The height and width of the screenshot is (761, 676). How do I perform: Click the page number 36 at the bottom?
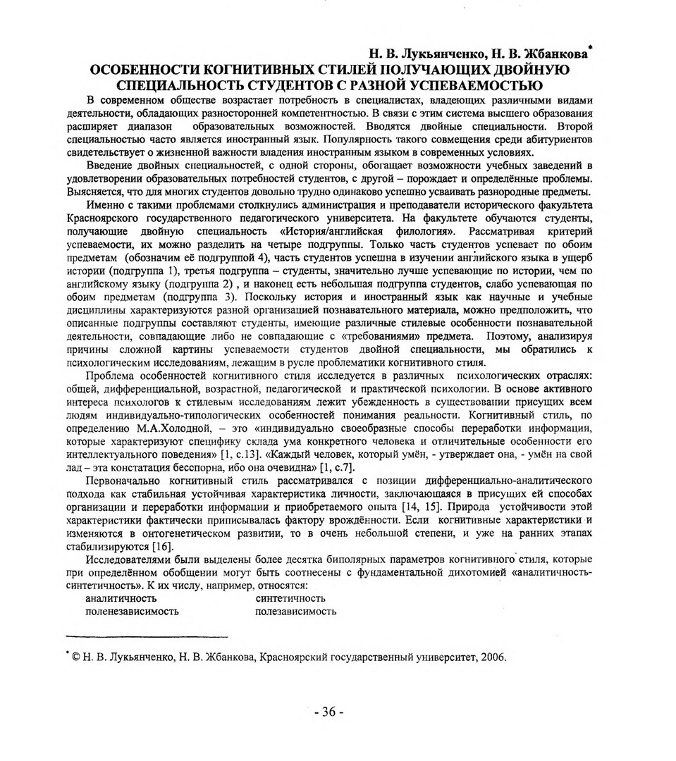(x=328, y=712)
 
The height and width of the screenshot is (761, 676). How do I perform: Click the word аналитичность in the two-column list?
(x=121, y=599)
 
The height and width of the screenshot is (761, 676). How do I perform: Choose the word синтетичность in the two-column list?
(x=290, y=599)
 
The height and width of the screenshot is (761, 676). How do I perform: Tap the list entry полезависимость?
(x=295, y=612)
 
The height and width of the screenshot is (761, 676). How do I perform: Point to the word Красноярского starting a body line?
(x=111, y=218)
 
